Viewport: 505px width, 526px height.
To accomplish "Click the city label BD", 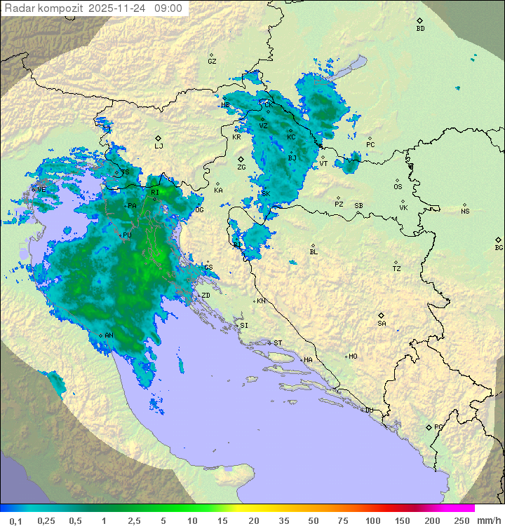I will coord(420,29).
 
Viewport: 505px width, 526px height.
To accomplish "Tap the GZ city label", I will coord(212,62).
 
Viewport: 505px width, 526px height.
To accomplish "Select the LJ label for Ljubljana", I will coord(159,146).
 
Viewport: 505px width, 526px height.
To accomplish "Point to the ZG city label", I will coord(241,167).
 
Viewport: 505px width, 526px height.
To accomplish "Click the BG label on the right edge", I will coord(499,248).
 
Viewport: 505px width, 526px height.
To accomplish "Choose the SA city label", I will coord(382,324).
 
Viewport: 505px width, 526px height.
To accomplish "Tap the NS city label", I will coord(465,212).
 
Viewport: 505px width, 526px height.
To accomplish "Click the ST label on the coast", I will coord(278,343).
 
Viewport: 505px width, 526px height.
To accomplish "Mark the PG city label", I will coord(438,427).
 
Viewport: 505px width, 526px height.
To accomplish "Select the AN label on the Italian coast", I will coord(109,335).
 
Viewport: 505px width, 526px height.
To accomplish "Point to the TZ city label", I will coord(396,269).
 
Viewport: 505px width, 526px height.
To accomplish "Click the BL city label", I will coord(314,252).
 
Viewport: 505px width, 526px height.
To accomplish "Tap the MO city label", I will coord(353,357).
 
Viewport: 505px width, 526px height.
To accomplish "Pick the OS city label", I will coord(398,187).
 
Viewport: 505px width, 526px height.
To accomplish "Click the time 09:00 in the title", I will coord(168,8).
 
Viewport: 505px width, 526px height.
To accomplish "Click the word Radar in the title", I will coord(18,8).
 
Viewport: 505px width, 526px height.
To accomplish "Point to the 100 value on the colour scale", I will coord(372,520).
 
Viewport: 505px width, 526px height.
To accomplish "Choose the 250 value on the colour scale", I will coord(462,520).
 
